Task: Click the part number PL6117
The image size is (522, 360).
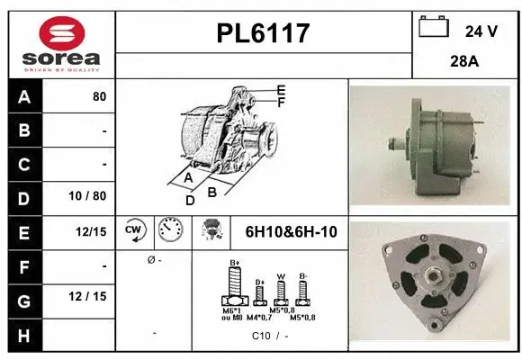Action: coord(264,34)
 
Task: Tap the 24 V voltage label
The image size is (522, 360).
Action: coord(481,31)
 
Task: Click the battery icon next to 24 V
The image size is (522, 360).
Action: coord(434,29)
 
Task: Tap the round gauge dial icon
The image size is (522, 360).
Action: coord(169,230)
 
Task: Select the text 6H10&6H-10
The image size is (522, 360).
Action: coord(291,232)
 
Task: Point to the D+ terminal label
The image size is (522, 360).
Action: coord(259,282)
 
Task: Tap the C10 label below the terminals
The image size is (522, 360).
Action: coord(261,336)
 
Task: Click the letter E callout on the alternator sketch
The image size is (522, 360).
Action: coord(281,89)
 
